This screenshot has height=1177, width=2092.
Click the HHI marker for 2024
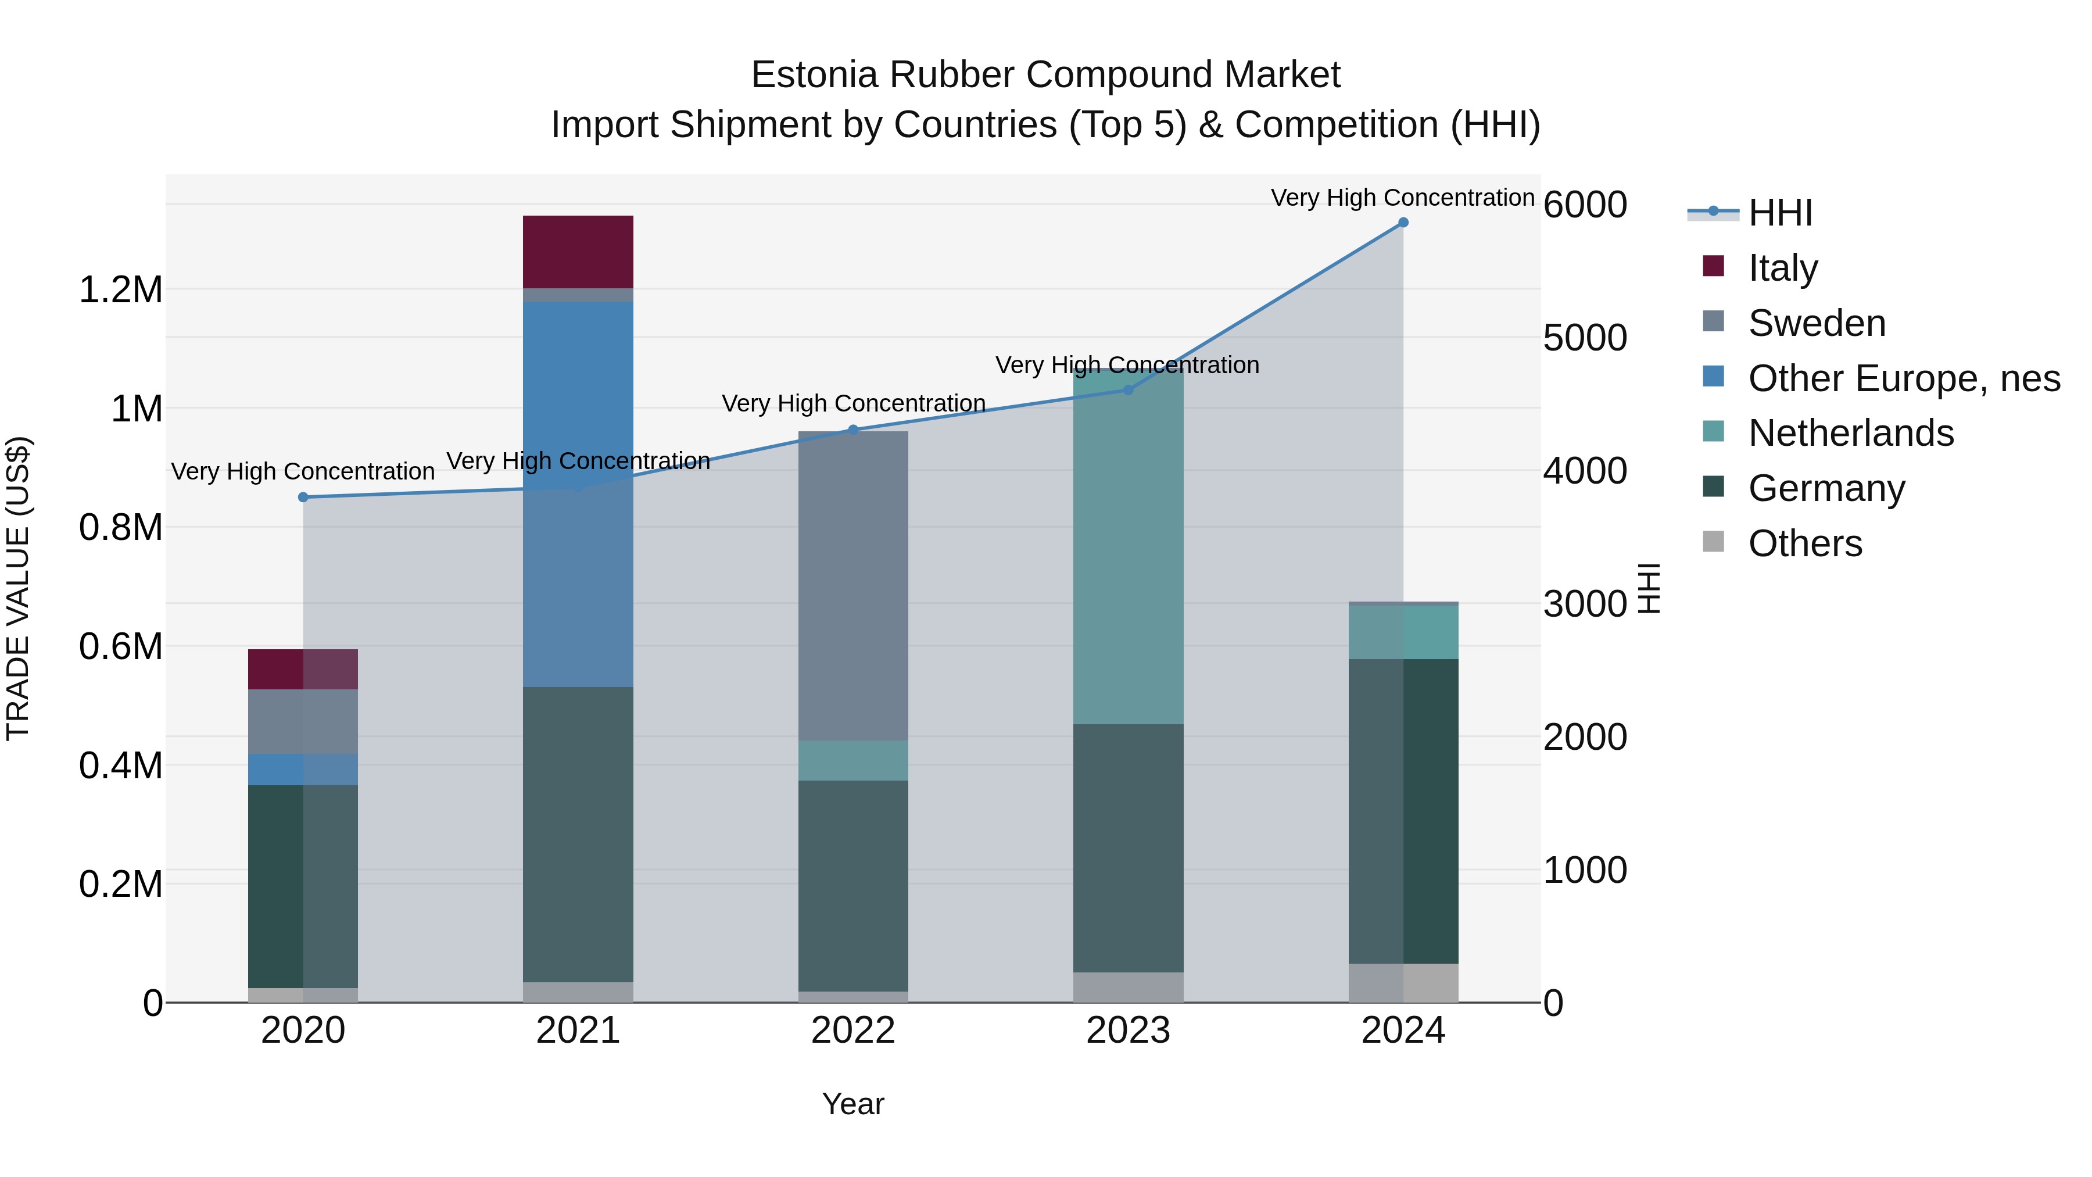(1403, 223)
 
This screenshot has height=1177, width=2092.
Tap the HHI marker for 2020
(303, 497)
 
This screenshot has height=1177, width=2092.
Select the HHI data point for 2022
(852, 430)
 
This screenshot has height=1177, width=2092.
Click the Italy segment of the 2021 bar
(578, 252)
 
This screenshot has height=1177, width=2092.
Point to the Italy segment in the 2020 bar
(303, 670)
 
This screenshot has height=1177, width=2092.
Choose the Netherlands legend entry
(1851, 433)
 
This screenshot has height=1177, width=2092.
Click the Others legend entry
(1804, 543)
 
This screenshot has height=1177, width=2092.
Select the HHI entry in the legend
(1779, 213)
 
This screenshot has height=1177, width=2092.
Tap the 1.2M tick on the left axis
(121, 290)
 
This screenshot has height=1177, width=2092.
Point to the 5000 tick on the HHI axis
(1585, 338)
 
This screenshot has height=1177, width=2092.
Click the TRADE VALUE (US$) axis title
(18, 588)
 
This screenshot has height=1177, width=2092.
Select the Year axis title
(852, 1104)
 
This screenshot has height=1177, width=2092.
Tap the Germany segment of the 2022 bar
(852, 885)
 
